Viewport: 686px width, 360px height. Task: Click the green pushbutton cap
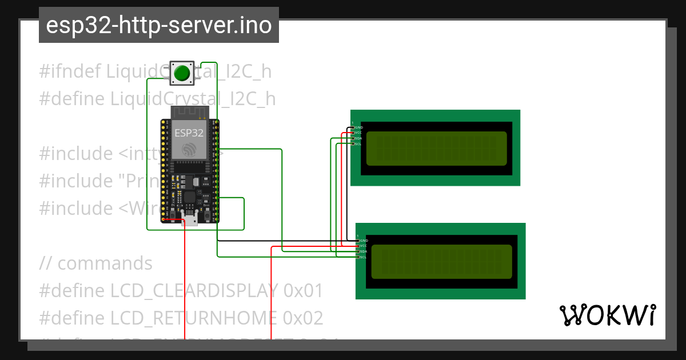tap(182, 73)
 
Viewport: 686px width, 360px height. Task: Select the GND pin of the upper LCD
tap(353, 127)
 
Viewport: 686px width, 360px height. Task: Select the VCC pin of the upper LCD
tap(353, 133)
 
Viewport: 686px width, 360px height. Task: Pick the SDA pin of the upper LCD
tap(353, 138)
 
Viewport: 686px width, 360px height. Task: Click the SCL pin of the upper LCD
tap(353, 144)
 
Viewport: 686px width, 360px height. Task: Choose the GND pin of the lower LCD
tap(358, 241)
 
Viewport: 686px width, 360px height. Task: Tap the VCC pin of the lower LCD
tap(358, 246)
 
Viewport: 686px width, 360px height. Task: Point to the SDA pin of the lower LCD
tap(358, 251)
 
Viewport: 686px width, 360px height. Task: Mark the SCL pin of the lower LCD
tap(358, 257)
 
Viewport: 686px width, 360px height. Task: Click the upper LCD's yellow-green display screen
tap(436, 148)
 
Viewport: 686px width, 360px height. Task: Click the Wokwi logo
tap(607, 315)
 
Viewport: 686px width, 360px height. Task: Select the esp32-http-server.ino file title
tap(158, 26)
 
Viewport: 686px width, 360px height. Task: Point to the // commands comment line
tap(96, 263)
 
